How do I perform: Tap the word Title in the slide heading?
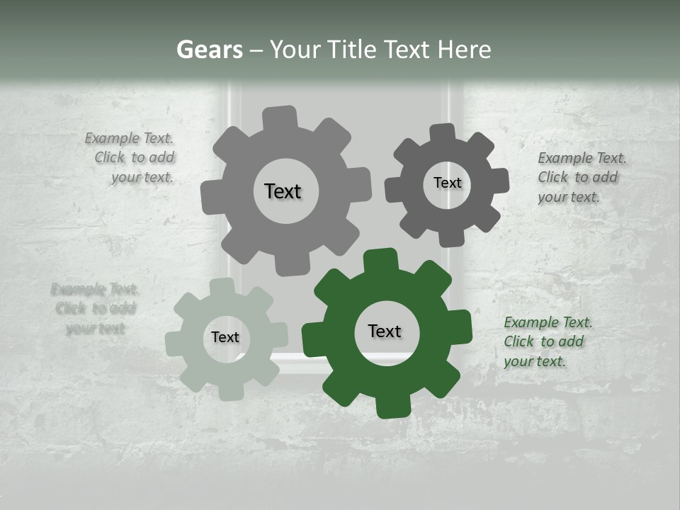coord(351,50)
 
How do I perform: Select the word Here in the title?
coord(464,50)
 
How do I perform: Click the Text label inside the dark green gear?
coord(385,331)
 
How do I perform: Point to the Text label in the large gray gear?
coord(283,191)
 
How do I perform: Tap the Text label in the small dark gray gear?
coord(447,183)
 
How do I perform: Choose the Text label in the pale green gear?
coord(225,337)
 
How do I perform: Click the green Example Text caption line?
coord(548,323)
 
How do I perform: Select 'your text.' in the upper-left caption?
coord(142,177)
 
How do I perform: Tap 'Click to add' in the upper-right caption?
coord(577,177)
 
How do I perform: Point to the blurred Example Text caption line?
coord(95,289)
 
